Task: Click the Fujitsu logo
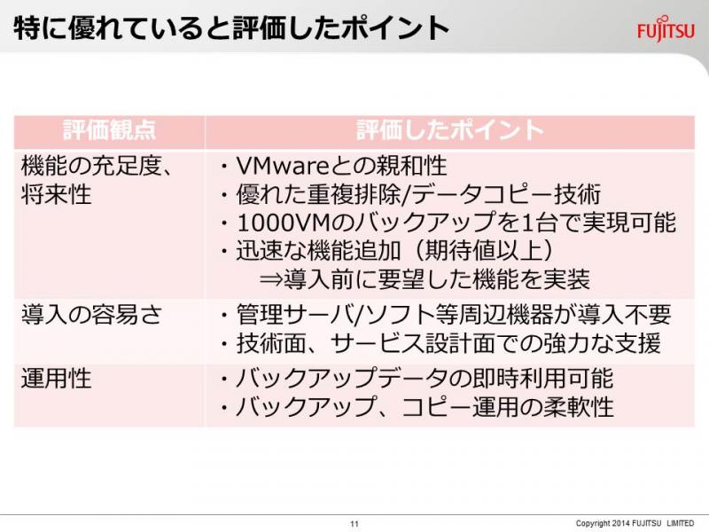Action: click(666, 28)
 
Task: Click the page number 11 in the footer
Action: click(354, 523)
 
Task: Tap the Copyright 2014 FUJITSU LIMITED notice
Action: click(635, 523)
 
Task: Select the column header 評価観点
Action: click(109, 130)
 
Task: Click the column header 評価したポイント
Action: click(449, 130)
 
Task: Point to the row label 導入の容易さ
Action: click(91, 315)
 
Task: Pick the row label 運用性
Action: click(56, 379)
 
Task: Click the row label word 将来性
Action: click(56, 193)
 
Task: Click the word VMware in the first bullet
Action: click(284, 166)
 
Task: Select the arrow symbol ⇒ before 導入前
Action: click(271, 279)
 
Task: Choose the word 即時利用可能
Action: click(542, 379)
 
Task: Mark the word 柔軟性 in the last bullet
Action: click(578, 407)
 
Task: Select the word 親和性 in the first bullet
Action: click(412, 166)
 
